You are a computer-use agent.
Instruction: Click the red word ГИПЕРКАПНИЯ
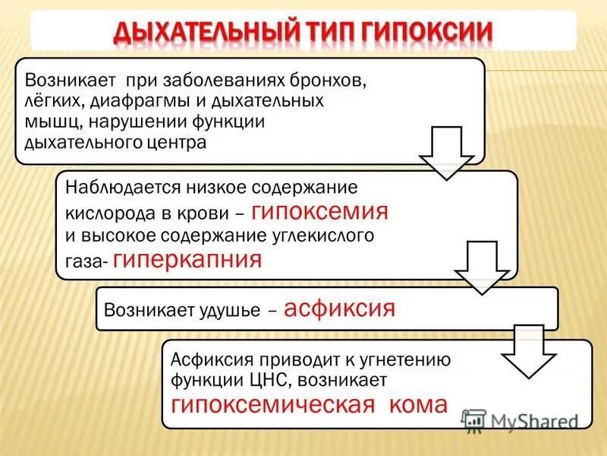(x=187, y=260)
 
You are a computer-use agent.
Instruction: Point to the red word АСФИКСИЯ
(x=341, y=309)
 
